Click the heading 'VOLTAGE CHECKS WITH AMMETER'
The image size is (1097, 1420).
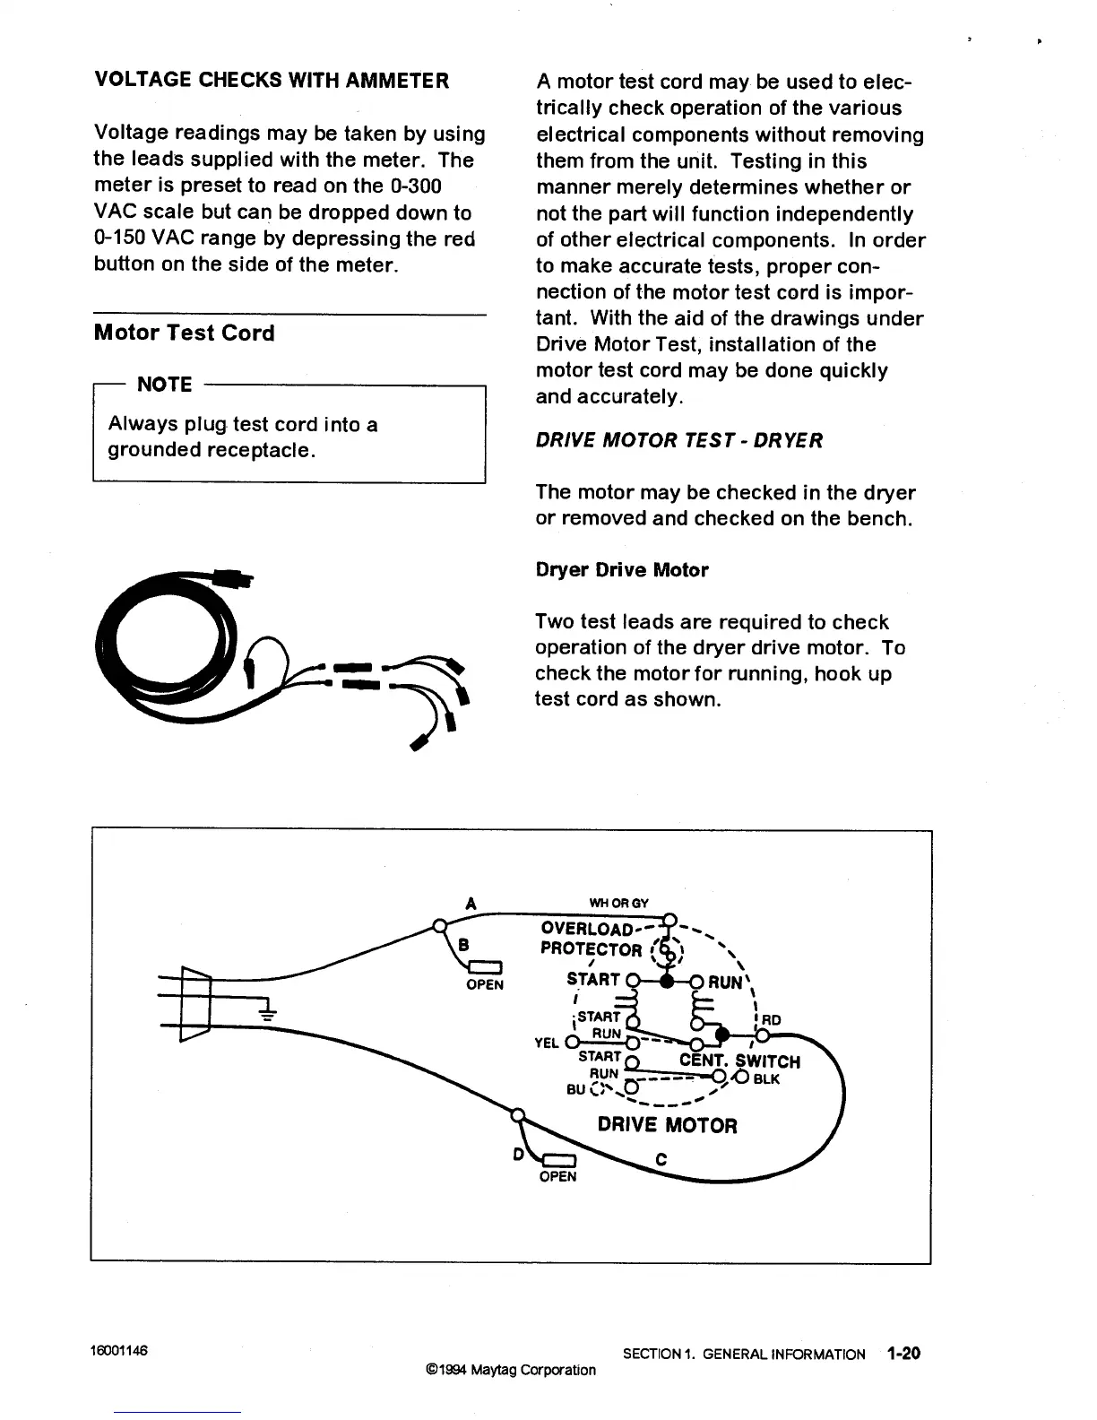click(272, 81)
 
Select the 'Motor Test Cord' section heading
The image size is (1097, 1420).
click(184, 333)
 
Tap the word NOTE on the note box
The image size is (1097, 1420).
click(164, 385)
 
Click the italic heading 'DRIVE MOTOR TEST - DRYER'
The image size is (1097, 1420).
click(678, 440)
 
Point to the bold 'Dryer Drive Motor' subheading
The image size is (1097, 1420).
click(621, 570)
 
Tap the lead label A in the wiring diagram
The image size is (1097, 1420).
click(471, 904)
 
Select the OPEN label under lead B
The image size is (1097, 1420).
click(485, 984)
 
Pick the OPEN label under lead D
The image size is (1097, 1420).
click(557, 1176)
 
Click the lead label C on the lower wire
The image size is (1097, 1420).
click(661, 1159)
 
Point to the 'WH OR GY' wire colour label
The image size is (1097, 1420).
click(618, 903)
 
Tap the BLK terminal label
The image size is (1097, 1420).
click(767, 1079)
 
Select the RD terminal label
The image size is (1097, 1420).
click(771, 1019)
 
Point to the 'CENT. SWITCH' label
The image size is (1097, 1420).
click(739, 1061)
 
